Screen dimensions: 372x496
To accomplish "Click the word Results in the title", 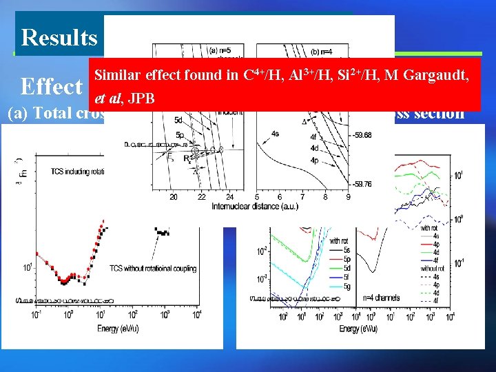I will [59, 37].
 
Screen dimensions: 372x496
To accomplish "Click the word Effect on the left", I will [52, 87].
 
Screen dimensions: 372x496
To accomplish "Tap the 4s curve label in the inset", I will [276, 134].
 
